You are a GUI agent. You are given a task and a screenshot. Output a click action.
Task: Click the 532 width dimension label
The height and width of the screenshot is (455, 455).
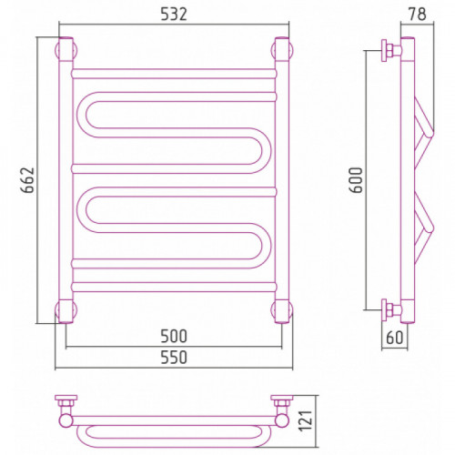174,14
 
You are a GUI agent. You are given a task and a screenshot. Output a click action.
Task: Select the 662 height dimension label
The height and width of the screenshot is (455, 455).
28,180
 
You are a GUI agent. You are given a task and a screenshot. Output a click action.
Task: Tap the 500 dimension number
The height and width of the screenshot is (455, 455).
174,336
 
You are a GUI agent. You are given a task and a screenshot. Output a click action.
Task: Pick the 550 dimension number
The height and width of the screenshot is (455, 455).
174,358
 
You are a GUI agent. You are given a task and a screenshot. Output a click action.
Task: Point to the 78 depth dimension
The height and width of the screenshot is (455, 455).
417,14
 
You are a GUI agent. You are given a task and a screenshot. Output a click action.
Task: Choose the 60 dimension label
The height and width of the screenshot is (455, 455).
394,338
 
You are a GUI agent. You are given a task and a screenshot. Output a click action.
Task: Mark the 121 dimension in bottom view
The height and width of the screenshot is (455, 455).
306,420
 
